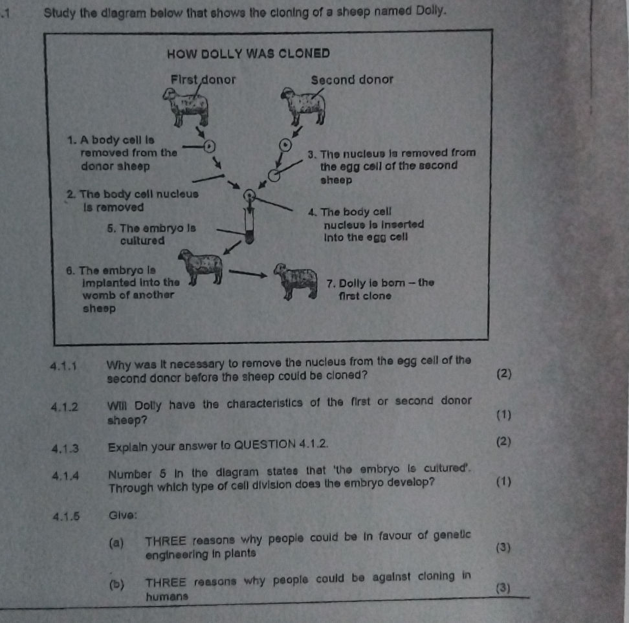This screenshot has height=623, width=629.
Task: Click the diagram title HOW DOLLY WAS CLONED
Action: [x=248, y=53]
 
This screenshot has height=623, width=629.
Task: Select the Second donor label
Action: [x=351, y=80]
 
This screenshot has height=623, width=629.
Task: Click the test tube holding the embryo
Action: [x=247, y=226]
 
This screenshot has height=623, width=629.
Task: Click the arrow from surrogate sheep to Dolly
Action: [x=248, y=274]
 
